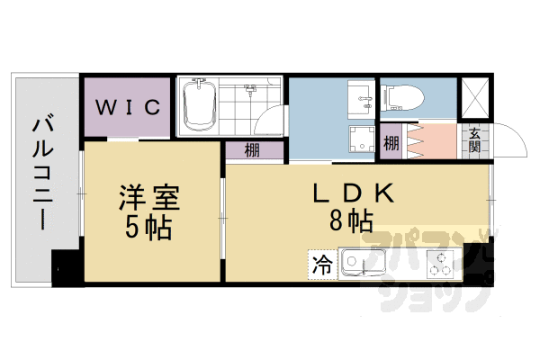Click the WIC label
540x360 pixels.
(x=129, y=107)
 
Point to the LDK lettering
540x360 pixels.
(x=353, y=193)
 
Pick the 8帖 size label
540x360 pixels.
(x=353, y=221)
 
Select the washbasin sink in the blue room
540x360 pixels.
(x=363, y=94)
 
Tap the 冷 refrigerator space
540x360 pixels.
(x=320, y=265)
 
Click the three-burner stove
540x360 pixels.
(x=440, y=265)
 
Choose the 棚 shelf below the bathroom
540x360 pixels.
(x=252, y=150)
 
